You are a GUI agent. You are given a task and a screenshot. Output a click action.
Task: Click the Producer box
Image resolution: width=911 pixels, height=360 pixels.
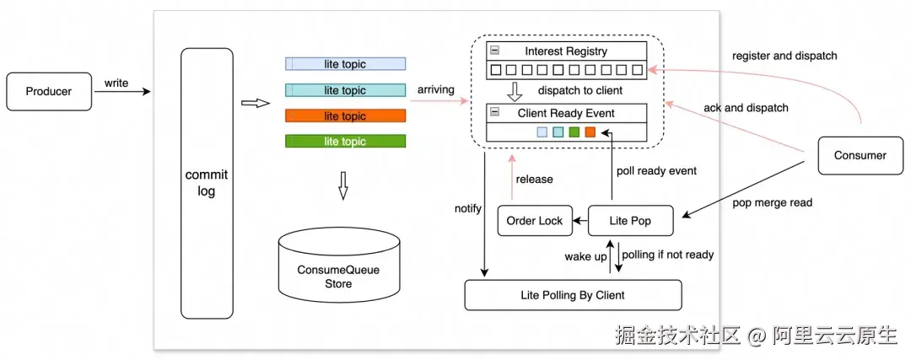[49, 91]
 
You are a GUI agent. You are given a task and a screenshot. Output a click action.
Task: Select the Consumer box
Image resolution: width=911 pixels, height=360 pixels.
[860, 155]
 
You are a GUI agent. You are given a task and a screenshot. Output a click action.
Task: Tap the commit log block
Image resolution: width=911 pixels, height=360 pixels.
[207, 183]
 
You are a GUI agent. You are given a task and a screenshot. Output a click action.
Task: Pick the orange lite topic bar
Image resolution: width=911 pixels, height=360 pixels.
[345, 116]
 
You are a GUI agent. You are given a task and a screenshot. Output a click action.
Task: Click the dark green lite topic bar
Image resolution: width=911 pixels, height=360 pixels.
[345, 141]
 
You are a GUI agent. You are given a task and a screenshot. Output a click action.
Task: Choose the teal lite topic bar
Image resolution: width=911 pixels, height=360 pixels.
[345, 90]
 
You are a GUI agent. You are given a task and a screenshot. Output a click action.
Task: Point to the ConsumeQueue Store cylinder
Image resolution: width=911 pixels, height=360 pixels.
[339, 265]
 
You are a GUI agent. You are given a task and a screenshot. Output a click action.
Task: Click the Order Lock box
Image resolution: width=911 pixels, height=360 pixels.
[535, 220]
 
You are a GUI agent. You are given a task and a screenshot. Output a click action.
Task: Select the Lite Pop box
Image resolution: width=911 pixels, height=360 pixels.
[630, 220]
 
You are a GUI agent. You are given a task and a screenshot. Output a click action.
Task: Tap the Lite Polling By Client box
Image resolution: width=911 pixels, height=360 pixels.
[573, 295]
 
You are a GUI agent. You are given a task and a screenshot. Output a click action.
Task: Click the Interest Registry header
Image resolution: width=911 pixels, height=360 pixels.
[567, 51]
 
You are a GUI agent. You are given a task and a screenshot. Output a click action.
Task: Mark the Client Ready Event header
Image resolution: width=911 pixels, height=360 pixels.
[567, 113]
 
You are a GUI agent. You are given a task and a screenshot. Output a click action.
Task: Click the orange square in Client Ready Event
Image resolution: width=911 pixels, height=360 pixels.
[590, 132]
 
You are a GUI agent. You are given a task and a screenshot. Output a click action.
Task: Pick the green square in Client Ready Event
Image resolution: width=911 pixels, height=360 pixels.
[574, 132]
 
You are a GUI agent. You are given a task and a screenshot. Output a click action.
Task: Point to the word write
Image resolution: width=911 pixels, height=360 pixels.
[116, 83]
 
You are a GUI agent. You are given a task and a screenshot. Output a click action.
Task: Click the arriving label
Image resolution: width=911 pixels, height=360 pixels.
[436, 90]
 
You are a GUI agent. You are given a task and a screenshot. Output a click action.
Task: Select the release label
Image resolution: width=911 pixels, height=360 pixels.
[535, 179]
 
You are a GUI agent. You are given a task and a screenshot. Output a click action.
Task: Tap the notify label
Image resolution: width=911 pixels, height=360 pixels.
[468, 208]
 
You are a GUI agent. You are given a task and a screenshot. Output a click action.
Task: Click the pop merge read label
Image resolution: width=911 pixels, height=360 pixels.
[772, 202]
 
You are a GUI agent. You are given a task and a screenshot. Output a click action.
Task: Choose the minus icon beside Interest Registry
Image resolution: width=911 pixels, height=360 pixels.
[495, 51]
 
